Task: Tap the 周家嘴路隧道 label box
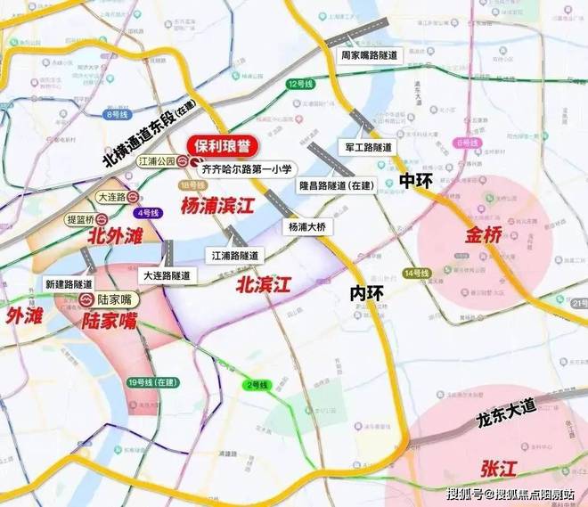[x=369, y=54]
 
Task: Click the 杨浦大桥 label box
[x=307, y=227]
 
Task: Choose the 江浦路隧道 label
[x=235, y=255]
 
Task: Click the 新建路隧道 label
[x=68, y=282]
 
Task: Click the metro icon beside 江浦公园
[x=182, y=160]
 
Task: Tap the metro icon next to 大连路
[x=132, y=198]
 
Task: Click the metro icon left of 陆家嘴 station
[x=87, y=299]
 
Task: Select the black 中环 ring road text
[x=417, y=180]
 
